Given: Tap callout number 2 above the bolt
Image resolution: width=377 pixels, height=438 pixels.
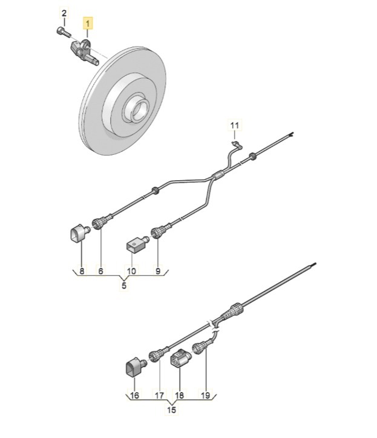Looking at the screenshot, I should tap(65, 13).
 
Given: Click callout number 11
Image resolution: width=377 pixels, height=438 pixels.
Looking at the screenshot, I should tap(235, 125).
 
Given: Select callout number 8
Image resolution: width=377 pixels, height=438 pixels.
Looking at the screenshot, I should tap(82, 272).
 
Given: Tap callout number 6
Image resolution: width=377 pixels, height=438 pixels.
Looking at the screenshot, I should tap(100, 272).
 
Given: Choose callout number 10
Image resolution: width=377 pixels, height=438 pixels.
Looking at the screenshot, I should tap(132, 272).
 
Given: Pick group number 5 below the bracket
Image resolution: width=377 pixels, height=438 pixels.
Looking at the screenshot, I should tap(123, 286).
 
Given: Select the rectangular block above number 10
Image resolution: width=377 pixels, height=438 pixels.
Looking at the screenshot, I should tap(134, 245).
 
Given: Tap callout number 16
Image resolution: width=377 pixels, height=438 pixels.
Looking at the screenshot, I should tap(134, 396).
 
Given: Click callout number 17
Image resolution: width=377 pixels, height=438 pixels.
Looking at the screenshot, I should tap(159, 396).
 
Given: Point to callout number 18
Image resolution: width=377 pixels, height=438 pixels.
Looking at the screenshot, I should tap(179, 396).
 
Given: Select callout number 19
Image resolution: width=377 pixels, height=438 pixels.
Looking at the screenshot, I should tap(205, 396).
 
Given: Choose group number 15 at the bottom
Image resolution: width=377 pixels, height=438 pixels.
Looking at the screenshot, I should tap(172, 410).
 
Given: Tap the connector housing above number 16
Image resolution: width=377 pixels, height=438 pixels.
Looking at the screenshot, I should tap(134, 367).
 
